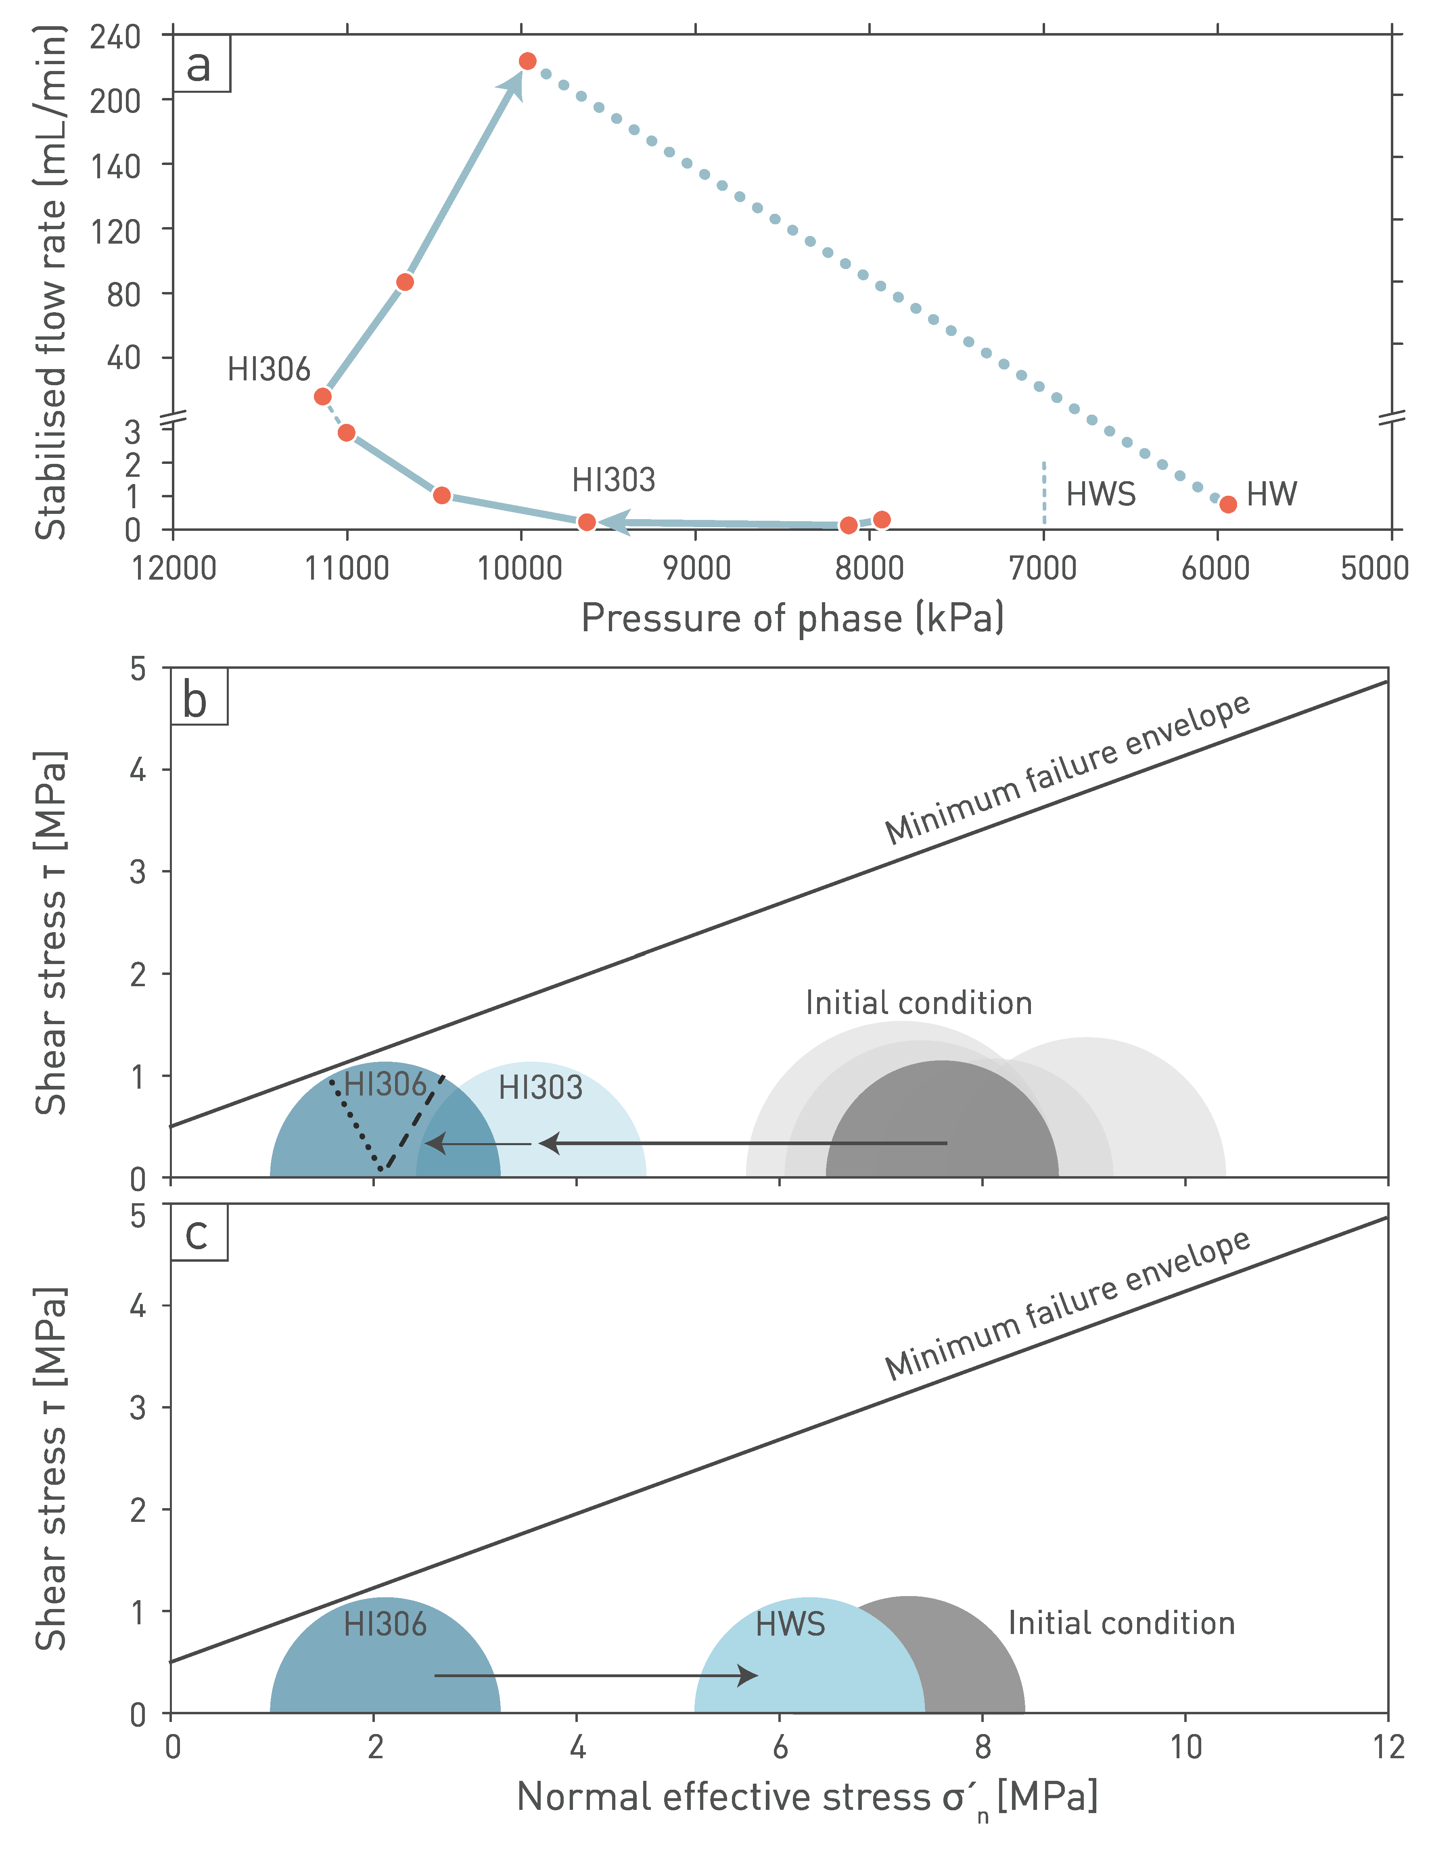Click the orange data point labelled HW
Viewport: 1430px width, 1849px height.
[1228, 505]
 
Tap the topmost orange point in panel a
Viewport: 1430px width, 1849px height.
[527, 61]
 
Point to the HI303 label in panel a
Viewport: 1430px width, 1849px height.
[614, 480]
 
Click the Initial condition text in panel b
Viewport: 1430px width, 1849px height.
[919, 1003]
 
